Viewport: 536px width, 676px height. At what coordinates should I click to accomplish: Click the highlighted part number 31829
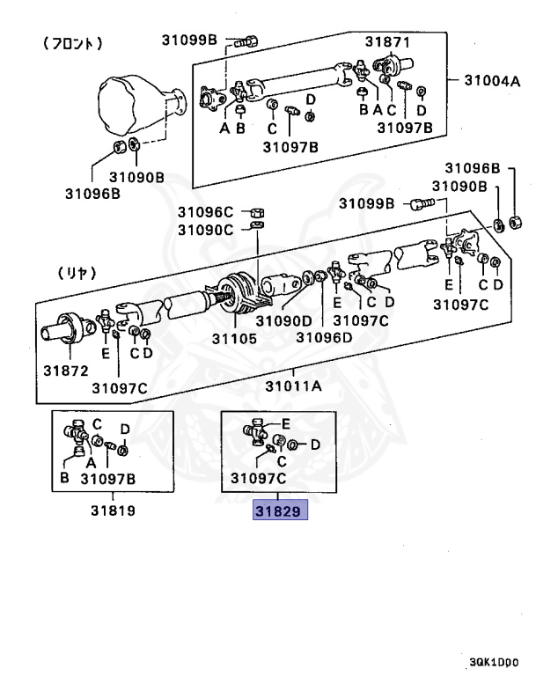(281, 511)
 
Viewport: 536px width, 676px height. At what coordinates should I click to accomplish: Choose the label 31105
(234, 336)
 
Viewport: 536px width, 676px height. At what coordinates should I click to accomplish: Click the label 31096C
(205, 211)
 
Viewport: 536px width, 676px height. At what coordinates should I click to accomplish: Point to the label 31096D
(323, 336)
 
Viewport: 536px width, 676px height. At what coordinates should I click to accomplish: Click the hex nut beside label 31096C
(256, 212)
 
